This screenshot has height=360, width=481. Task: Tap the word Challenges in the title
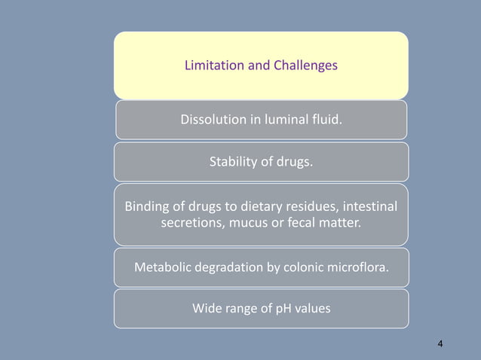point(304,66)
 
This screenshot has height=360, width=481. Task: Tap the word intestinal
point(371,206)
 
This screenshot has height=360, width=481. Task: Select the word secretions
point(189,224)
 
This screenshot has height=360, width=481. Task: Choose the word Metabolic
point(162,267)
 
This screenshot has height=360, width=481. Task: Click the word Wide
point(208,308)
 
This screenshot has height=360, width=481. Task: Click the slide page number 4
point(440,344)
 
